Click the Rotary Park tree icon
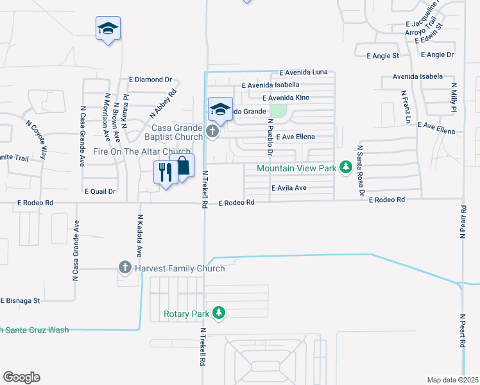pos(219,312)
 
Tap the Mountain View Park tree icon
pos(345,167)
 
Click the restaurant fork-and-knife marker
pos(165,173)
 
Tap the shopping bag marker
pos(182,166)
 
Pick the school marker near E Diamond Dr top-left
pos(108,29)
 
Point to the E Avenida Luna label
pos(303,73)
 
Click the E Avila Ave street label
pos(289,188)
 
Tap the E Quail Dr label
pos(99,191)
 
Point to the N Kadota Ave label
pos(139,235)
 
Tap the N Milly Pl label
pos(453,98)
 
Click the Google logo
pos(21,377)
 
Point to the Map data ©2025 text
pos(452,380)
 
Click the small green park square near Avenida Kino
pos(278,110)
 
